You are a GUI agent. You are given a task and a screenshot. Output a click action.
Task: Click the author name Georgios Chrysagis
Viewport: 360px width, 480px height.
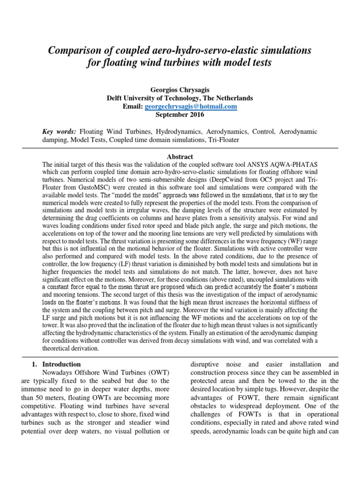[180, 90]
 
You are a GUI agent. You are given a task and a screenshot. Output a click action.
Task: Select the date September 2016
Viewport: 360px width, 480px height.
[180, 115]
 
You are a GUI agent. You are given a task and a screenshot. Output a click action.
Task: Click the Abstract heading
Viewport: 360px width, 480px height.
[180, 157]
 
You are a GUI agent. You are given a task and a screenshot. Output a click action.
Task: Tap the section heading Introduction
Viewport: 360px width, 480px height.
[61, 364]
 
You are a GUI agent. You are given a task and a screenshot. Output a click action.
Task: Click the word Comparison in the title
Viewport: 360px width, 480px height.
[78, 50]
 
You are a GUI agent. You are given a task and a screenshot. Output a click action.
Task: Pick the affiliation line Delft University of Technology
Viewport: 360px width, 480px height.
[180, 98]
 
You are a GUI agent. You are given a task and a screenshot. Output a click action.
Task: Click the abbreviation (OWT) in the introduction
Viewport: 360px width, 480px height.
[158, 372]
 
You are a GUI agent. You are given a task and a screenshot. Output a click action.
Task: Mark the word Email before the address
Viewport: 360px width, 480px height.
[133, 106]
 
